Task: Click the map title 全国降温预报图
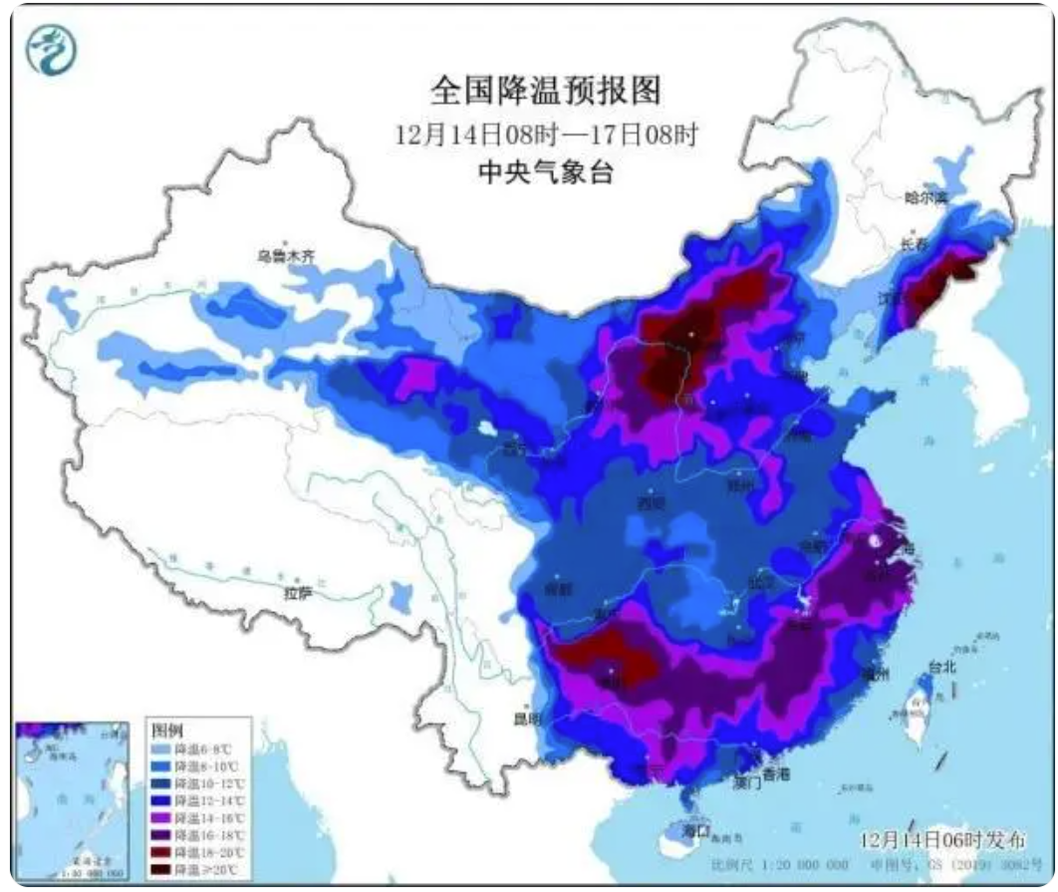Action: click(545, 92)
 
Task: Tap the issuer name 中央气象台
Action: click(545, 173)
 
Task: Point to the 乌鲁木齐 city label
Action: click(286, 256)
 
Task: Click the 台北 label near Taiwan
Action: click(941, 666)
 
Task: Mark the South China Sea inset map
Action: click(72, 798)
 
